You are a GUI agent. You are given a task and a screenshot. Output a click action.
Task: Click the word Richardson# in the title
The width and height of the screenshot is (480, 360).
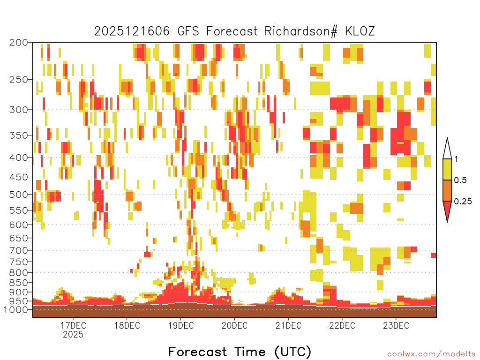click(x=301, y=31)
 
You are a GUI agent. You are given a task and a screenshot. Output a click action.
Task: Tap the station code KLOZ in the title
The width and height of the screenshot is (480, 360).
click(x=360, y=31)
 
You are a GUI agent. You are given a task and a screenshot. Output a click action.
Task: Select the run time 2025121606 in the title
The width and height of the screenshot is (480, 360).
click(x=132, y=31)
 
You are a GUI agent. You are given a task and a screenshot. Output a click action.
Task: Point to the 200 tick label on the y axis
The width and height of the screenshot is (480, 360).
click(x=19, y=43)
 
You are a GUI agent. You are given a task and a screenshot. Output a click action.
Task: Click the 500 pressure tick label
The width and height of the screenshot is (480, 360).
click(x=19, y=195)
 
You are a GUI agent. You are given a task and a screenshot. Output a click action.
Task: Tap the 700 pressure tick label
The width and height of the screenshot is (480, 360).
click(x=19, y=250)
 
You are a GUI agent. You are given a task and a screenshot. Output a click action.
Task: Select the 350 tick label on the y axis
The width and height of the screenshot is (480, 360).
click(x=19, y=135)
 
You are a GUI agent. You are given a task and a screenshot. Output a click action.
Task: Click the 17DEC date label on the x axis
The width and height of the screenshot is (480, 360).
click(x=73, y=325)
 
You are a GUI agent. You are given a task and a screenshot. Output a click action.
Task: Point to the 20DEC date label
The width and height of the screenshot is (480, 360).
click(x=234, y=325)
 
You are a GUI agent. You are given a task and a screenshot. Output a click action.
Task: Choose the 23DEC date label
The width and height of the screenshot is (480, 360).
click(x=396, y=325)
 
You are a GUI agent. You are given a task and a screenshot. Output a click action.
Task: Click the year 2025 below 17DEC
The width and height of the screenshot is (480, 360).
click(x=73, y=334)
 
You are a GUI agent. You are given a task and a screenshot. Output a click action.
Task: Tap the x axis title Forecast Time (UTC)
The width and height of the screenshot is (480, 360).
click(x=240, y=352)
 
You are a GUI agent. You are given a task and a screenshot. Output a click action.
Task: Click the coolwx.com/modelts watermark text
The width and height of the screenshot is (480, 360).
click(x=431, y=354)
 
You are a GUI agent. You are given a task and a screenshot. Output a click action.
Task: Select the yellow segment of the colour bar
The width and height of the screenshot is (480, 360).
click(x=447, y=169)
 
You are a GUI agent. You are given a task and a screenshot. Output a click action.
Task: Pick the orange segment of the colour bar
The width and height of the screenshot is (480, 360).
click(x=447, y=190)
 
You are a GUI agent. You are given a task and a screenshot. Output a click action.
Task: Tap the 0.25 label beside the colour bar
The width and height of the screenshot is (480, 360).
click(x=463, y=202)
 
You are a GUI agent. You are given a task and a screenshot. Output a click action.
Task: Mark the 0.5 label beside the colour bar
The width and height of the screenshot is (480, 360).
click(x=460, y=180)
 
